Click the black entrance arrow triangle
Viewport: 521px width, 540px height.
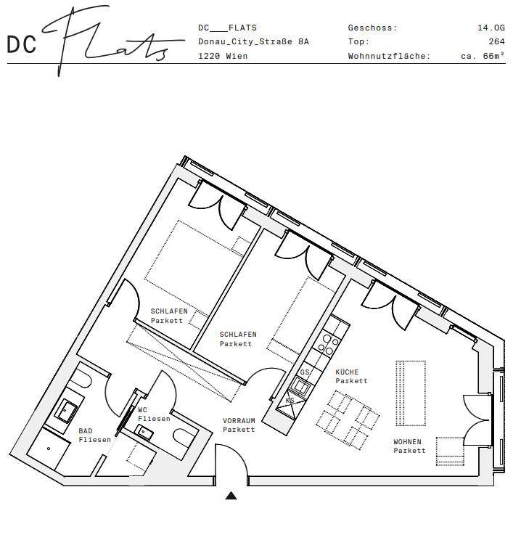tap(231, 496)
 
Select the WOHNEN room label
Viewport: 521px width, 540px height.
tap(409, 446)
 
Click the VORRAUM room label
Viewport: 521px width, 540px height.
tap(239, 425)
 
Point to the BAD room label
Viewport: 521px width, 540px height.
tap(94, 435)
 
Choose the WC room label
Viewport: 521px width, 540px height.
tap(154, 414)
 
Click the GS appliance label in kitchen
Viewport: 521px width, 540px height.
tap(304, 372)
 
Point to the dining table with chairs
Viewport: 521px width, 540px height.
tap(348, 418)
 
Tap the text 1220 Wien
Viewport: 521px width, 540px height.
tap(223, 56)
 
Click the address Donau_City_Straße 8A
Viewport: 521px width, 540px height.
tap(253, 42)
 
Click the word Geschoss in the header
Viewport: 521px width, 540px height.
tap(372, 28)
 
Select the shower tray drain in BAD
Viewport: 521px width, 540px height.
tap(49, 449)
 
